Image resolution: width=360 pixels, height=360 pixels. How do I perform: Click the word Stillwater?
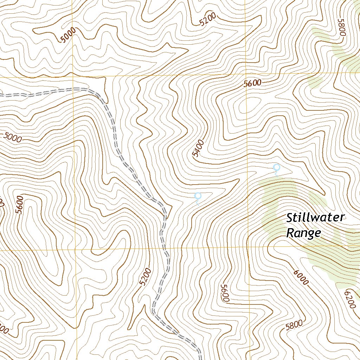[x=316, y=218]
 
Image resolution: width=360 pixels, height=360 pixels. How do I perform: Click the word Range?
[x=304, y=233]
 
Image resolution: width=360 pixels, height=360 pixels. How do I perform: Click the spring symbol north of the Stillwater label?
[x=276, y=168]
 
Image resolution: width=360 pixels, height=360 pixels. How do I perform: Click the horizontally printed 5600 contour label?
[x=253, y=83]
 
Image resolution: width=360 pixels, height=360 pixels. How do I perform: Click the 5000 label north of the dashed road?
[x=68, y=36]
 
